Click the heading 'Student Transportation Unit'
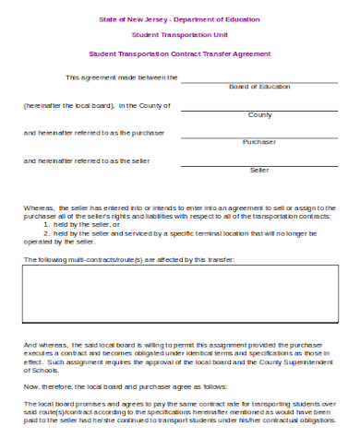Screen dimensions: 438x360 coord(179,34)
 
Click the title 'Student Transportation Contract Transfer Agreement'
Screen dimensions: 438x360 coord(179,54)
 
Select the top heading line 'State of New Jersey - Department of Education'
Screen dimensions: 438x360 coord(179,19)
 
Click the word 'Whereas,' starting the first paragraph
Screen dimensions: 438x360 coord(38,208)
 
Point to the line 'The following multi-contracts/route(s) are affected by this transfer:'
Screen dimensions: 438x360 coord(128,260)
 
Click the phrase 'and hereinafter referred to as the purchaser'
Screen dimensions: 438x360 coord(93,133)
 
